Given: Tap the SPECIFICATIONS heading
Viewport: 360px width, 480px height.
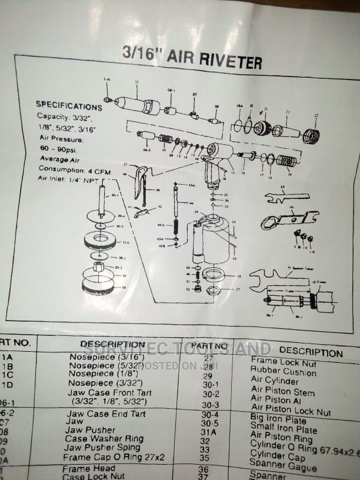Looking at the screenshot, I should click(x=69, y=106).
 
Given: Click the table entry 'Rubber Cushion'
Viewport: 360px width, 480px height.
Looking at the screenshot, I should click(x=283, y=371).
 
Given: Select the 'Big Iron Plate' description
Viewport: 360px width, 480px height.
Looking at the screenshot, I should click(x=278, y=420).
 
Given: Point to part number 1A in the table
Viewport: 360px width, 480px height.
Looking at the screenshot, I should click(x=8, y=356).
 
